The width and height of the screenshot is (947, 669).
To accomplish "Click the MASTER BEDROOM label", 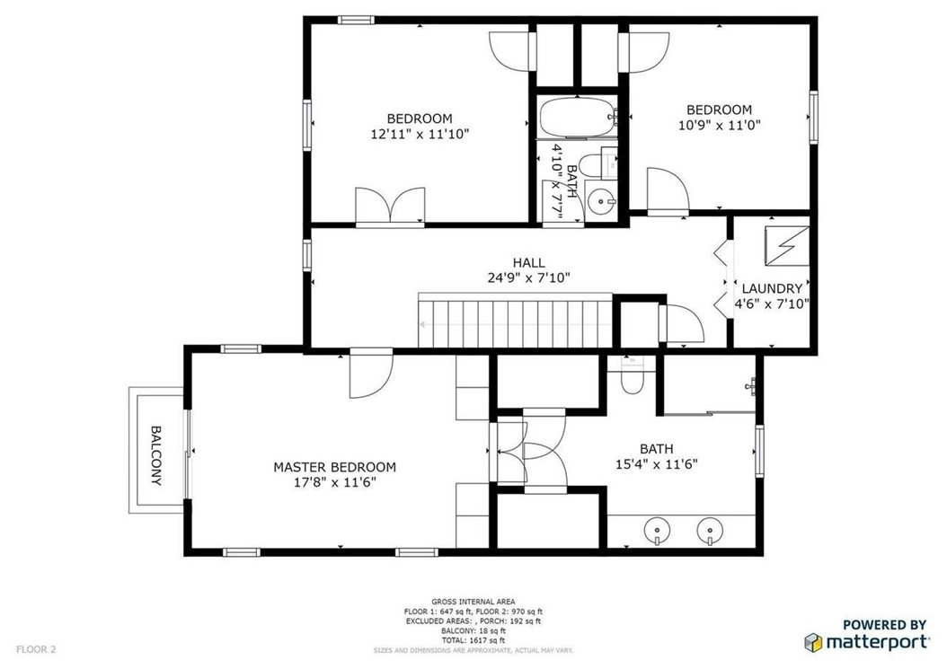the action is pos(334,467).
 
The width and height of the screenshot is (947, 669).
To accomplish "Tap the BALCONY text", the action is pos(155,456).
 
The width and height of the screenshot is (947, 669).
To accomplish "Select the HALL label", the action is pos(529,262).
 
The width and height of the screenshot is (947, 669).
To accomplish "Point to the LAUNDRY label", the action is pos(772,288).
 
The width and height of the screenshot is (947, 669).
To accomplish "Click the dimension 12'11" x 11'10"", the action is pos(420,134).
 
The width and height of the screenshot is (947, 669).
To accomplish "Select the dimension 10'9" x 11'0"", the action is pos(720,125).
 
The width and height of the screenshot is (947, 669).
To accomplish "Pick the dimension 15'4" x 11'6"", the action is pos(657,464).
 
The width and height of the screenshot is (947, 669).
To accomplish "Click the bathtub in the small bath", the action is pos(578,118).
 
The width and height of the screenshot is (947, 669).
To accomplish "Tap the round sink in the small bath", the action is pos(600,200).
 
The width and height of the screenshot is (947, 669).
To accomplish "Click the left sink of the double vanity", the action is pos(657,532).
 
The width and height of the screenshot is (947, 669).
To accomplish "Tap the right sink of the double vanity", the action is pos(710,532).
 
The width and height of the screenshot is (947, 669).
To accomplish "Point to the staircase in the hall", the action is pos(516,321).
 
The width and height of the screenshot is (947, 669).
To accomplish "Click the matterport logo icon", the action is pos(813,642).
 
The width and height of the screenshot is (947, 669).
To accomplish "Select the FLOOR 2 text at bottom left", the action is pos(36,649).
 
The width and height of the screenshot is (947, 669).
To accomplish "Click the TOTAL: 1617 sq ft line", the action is pos(473,640).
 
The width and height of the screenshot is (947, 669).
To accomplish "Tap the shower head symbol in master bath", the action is pos(751,385).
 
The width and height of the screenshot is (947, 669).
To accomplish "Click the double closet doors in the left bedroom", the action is pos(390,206).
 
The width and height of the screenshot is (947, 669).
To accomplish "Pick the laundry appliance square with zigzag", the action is pos(787,246).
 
